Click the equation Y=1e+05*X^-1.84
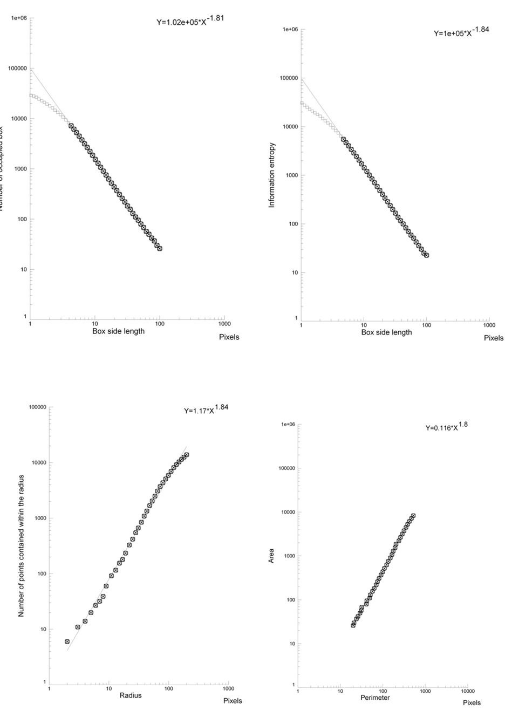461,32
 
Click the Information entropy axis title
272,175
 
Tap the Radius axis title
131,695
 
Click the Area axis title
272,556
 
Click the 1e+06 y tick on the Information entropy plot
290,29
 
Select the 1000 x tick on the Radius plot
228,688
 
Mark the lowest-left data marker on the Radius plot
67,641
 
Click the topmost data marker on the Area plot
413,516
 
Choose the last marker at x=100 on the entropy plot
426,255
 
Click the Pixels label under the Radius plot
233,701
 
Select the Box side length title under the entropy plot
386,332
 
